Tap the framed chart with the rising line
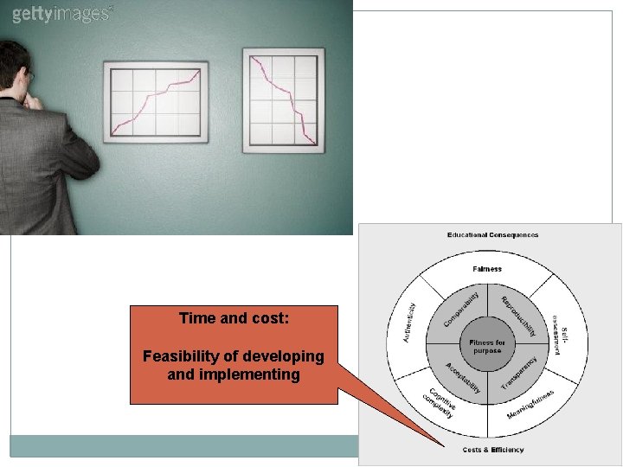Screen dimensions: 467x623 pos(156,101)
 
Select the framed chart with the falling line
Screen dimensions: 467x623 pos(283,100)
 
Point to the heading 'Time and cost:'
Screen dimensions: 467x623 pos(234,318)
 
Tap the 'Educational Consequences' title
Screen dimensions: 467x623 pos(492,234)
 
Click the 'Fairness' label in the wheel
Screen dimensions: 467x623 pos(487,269)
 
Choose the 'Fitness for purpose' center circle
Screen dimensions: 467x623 pos(487,347)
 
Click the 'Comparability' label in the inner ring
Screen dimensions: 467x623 pos(461,309)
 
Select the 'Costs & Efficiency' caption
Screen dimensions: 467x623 pos(493,450)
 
